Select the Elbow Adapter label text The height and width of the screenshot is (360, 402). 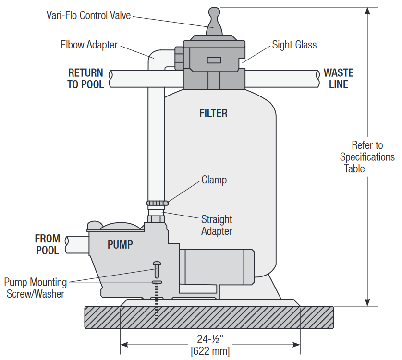[89, 45]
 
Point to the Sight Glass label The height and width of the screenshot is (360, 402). [294, 45]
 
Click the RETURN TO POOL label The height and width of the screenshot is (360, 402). [85, 79]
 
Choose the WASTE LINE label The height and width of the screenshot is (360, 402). [338, 79]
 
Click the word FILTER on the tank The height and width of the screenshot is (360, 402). [213, 114]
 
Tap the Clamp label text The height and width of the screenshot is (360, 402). [214, 180]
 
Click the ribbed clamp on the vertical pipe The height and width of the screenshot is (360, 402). [157, 204]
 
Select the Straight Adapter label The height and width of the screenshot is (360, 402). [216, 225]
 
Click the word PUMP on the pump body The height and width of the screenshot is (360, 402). [120, 245]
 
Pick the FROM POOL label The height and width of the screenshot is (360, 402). [48, 244]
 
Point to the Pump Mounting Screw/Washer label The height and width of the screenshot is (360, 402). [35, 288]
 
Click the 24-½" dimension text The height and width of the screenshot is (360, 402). [210, 337]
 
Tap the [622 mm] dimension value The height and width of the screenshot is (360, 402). [210, 351]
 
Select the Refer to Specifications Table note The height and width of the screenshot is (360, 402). [367, 156]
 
